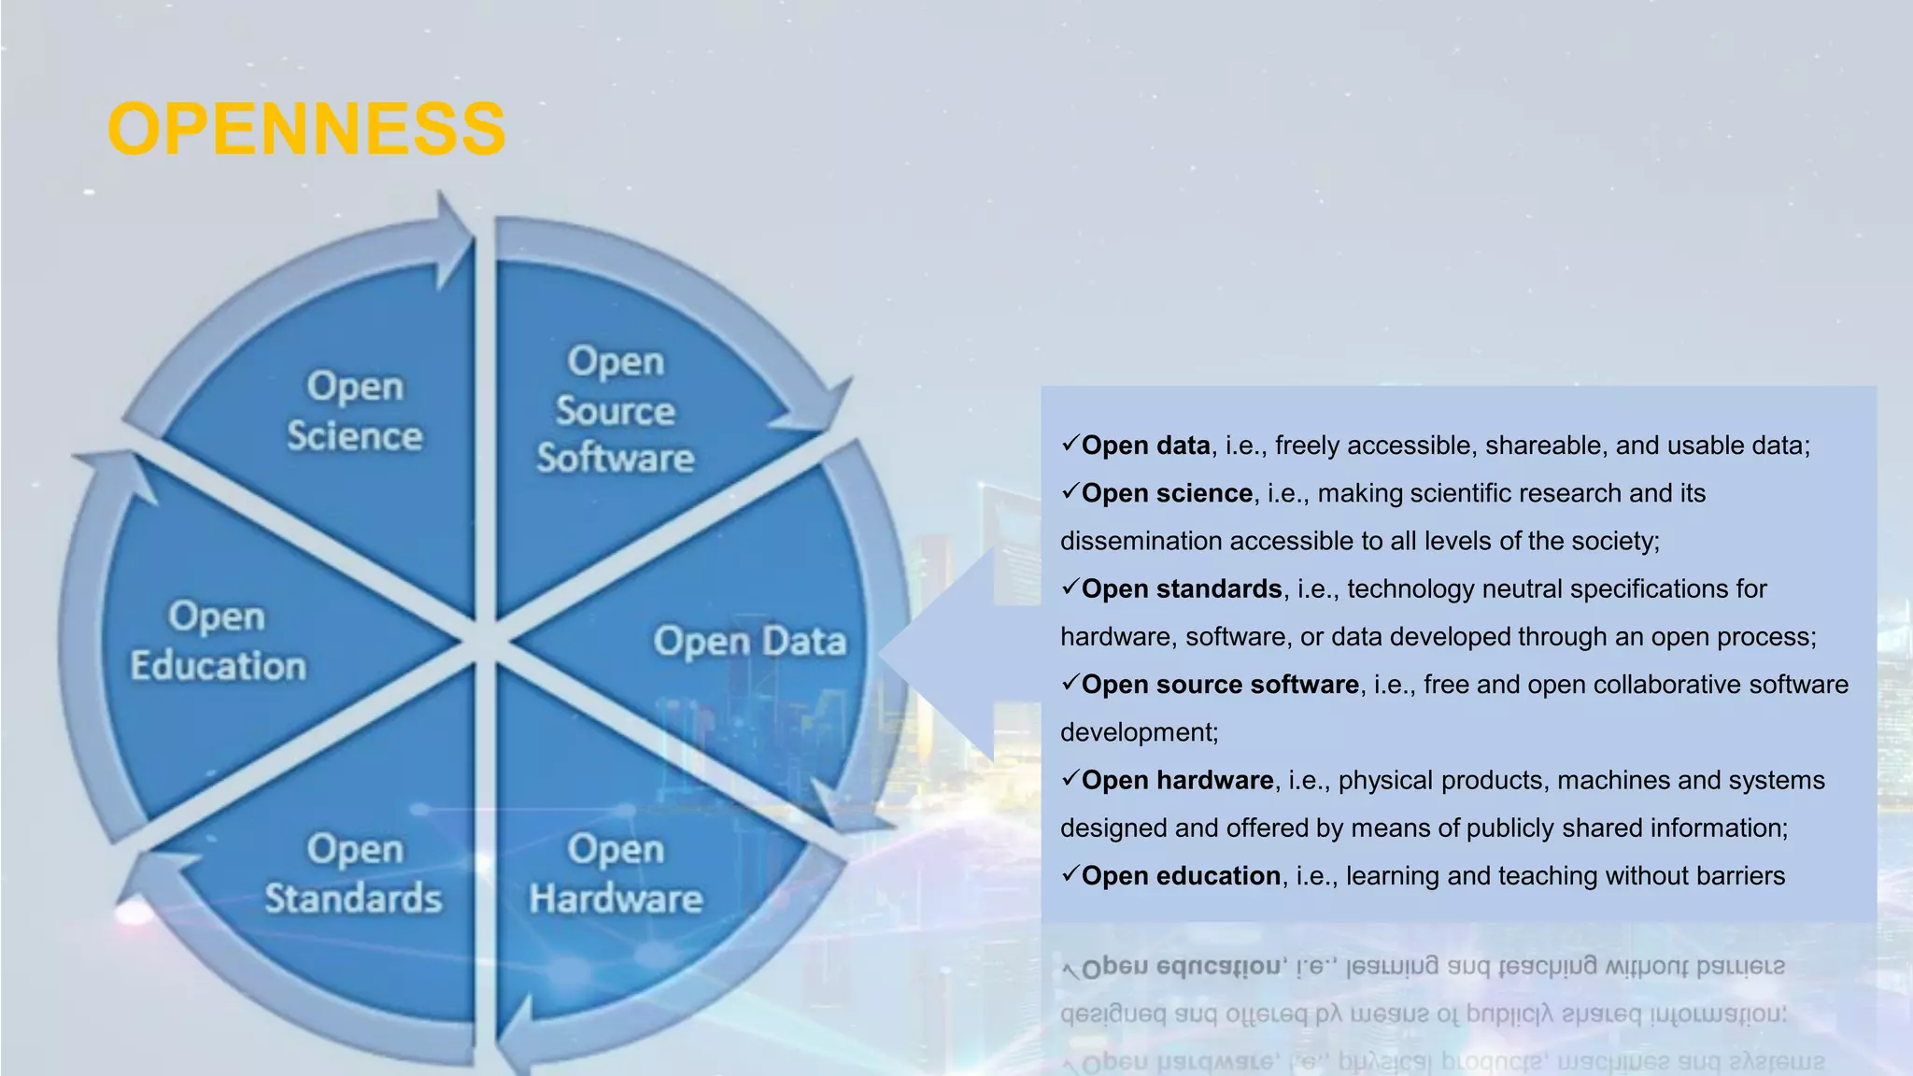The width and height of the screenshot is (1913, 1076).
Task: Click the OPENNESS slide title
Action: (306, 129)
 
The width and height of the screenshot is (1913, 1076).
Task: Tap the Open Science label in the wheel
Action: (355, 411)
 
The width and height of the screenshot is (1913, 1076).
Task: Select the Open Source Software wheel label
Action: (615, 410)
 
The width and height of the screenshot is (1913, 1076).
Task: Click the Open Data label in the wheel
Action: (750, 642)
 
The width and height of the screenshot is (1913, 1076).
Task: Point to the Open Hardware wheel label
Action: (616, 874)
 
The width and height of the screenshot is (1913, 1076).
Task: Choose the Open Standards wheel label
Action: (354, 874)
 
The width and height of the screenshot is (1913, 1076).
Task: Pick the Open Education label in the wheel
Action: (218, 642)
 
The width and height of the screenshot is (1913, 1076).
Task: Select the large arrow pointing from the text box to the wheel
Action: (953, 653)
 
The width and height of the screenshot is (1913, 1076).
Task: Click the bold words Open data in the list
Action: (1145, 446)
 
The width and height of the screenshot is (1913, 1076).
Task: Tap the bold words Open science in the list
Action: (1167, 493)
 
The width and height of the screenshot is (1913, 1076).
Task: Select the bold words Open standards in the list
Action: (1182, 589)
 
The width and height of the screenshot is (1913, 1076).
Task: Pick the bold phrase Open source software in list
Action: (1220, 685)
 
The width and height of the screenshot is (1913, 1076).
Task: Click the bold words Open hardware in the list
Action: (1177, 781)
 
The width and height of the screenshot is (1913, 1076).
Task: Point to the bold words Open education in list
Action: (1181, 876)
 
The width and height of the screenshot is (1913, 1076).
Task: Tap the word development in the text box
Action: (1138, 732)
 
